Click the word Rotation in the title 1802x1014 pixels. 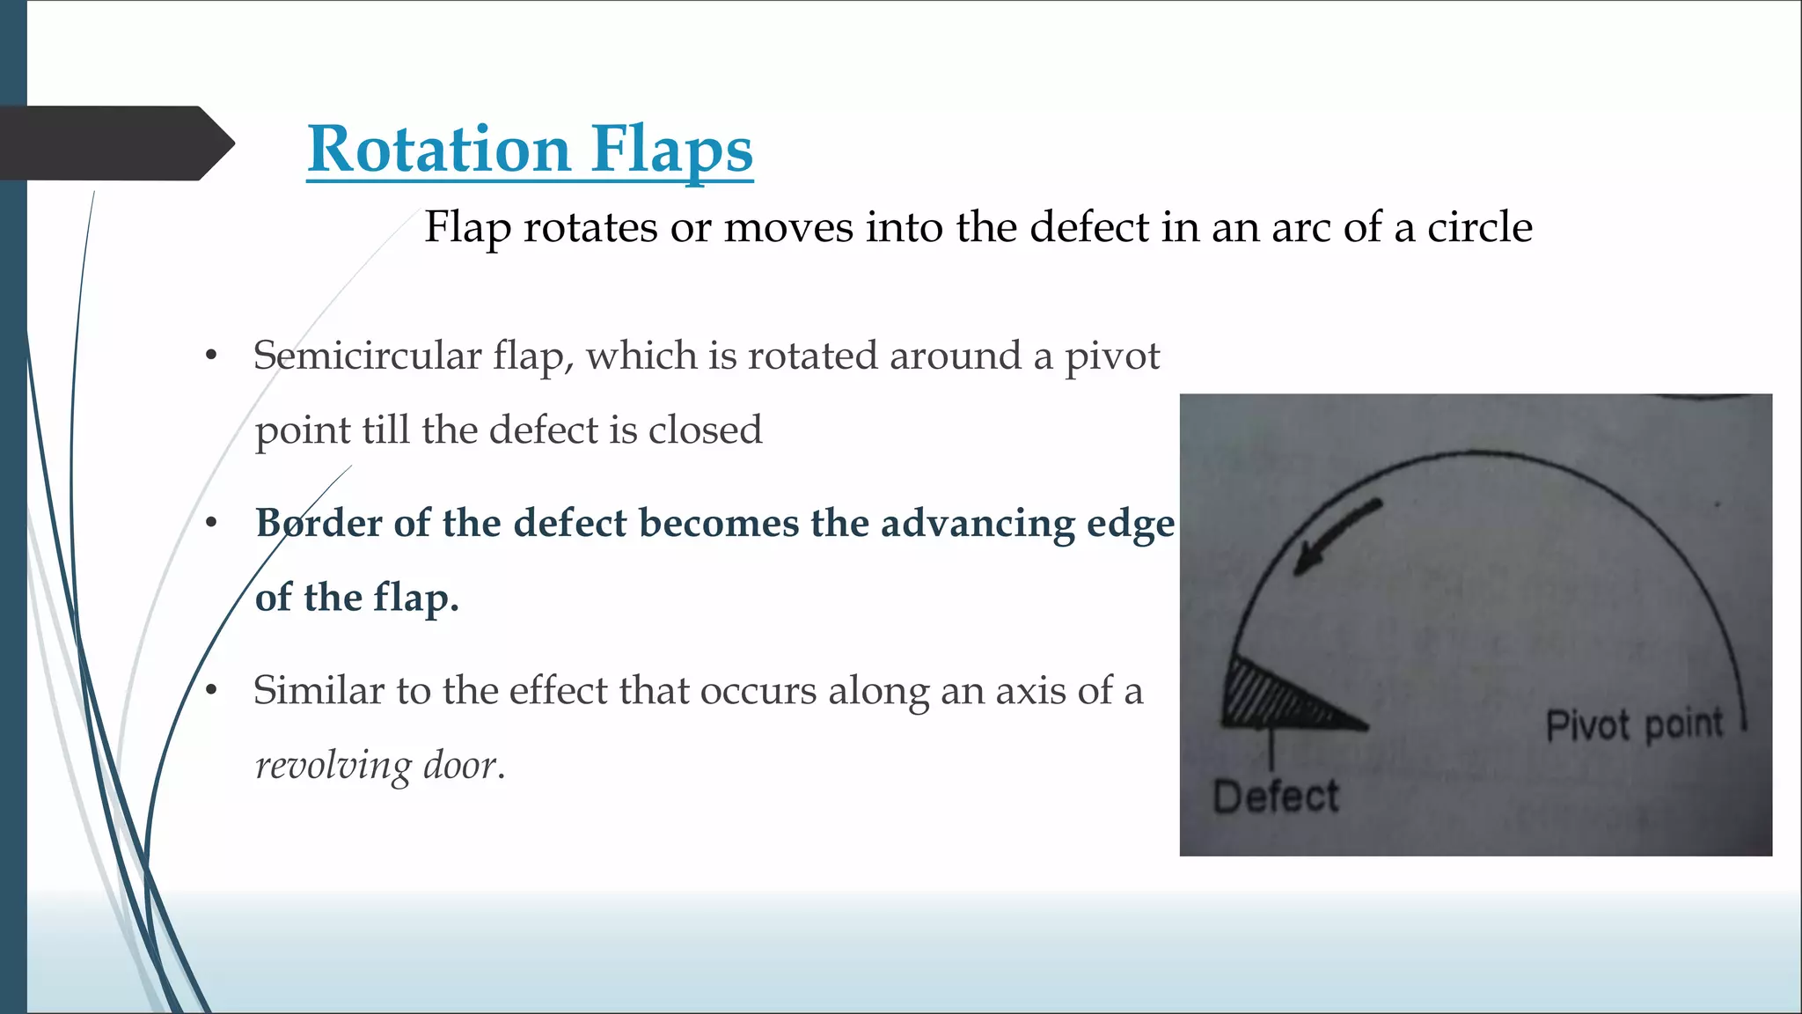(439, 149)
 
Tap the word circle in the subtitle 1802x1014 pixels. (1479, 227)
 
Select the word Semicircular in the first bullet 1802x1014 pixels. (367, 356)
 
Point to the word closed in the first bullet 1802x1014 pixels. (705, 430)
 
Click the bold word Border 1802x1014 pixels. (318, 523)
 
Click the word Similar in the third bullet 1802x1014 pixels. (319, 690)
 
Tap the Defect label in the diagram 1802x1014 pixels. (1275, 797)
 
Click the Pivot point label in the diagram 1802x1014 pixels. (1634, 725)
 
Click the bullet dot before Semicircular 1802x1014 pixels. (211, 356)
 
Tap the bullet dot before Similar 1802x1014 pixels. (211, 691)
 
